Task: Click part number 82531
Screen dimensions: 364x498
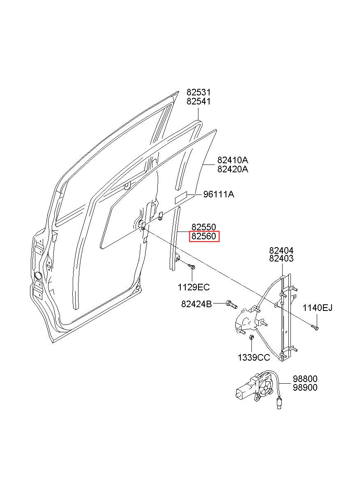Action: point(198,92)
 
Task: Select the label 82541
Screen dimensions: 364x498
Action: point(198,102)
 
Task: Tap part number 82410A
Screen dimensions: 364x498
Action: point(233,160)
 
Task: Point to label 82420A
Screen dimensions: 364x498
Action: point(233,169)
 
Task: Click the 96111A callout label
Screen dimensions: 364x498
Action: point(219,195)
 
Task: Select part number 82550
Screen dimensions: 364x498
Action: point(204,227)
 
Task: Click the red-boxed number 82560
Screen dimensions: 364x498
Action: point(204,236)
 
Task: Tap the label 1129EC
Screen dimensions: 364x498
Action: point(194,287)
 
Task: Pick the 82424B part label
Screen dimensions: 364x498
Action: point(196,304)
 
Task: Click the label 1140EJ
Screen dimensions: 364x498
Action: point(317,308)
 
